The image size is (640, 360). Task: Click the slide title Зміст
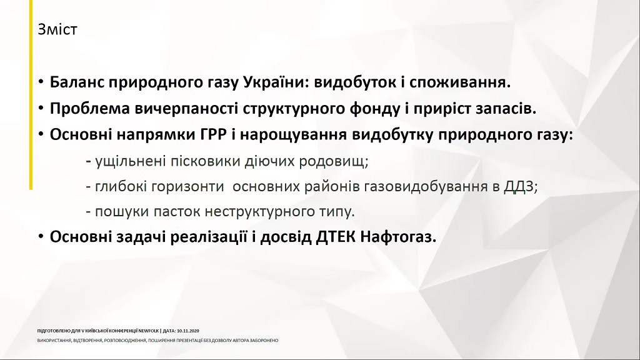[x=57, y=29]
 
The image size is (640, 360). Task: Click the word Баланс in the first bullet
[x=76, y=82]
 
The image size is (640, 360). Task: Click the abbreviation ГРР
[x=214, y=135]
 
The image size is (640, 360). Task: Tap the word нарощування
[x=293, y=136]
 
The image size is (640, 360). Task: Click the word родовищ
[x=334, y=162]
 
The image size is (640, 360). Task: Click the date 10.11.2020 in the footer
[x=188, y=331]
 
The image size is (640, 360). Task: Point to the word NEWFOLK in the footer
[x=150, y=331]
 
